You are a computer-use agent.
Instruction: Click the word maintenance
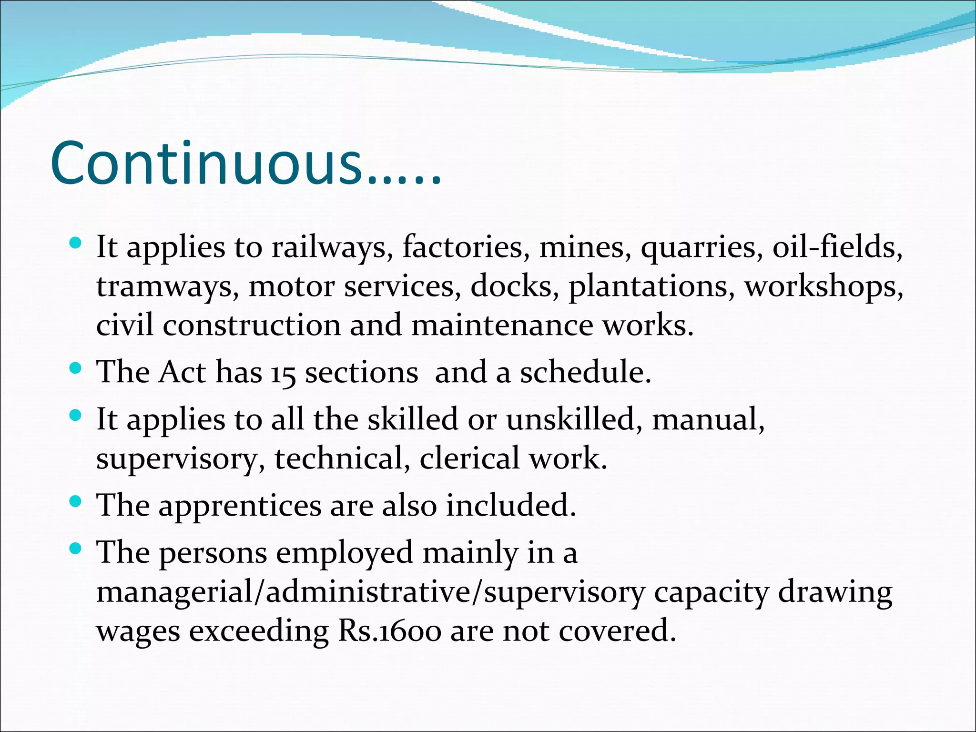point(502,325)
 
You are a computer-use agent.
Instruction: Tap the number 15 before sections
point(283,373)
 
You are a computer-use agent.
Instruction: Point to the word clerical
point(469,458)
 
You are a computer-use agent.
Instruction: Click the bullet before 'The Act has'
point(75,368)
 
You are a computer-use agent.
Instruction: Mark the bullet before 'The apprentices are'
point(75,501)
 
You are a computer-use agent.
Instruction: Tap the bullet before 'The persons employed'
point(75,549)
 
